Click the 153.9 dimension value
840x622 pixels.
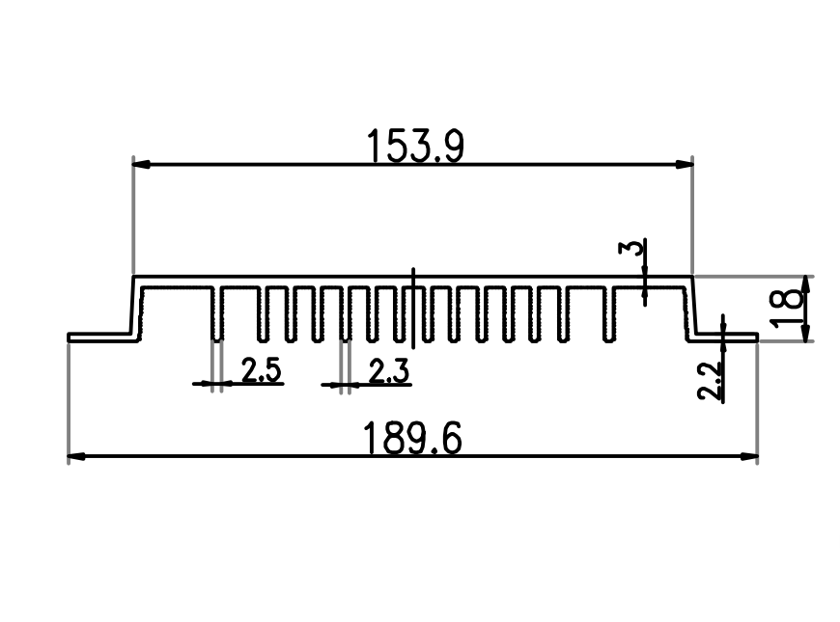415,147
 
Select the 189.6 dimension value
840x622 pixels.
412,438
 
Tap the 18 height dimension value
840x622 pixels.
786,307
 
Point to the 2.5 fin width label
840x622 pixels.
261,370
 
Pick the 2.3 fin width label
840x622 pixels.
389,371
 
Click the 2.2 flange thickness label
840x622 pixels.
710,381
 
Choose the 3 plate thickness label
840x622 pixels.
630,249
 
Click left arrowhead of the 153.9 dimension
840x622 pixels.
141,164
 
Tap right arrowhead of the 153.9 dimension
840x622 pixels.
685,164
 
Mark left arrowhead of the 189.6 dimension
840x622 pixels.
76,456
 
